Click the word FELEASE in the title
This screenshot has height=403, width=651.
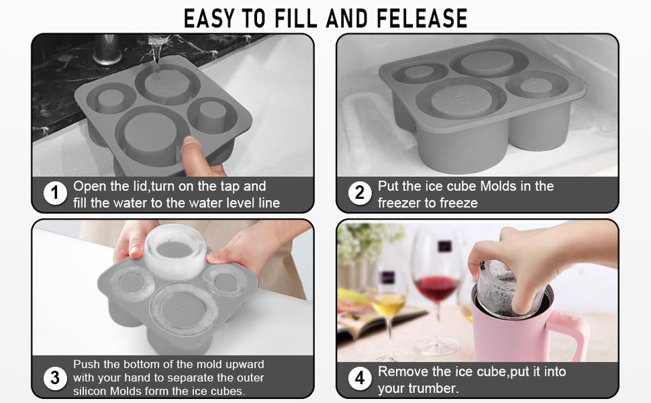coord(422,18)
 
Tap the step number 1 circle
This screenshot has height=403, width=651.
coord(55,193)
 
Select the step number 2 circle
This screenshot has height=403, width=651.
coord(359,193)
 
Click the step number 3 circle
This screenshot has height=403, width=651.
coord(55,378)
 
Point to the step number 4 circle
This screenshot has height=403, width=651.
coord(359,378)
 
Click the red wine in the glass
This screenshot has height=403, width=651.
coord(437,288)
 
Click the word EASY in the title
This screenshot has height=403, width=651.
coord(210,18)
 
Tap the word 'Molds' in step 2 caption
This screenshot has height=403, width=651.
coord(498,186)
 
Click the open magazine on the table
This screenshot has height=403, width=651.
coord(374,320)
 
